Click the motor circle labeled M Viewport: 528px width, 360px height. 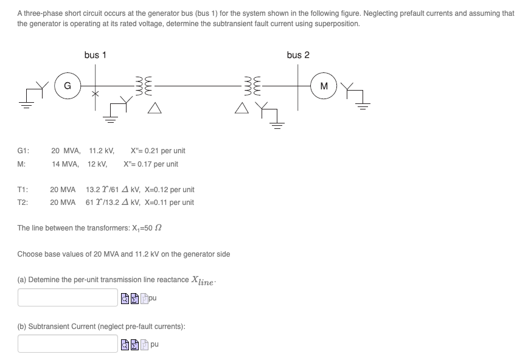[x=324, y=86]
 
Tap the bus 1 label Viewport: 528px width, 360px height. [x=96, y=55]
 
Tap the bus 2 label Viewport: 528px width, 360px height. [x=298, y=55]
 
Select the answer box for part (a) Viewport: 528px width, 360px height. [x=67, y=297]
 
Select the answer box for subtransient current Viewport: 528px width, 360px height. [x=67, y=344]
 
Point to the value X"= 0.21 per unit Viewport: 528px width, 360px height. [x=158, y=150]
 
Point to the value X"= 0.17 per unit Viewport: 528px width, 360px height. [x=150, y=164]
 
